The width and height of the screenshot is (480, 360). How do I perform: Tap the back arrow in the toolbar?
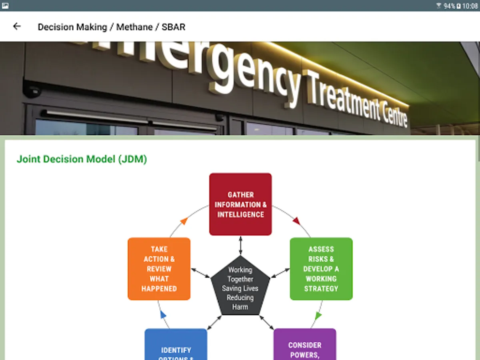click(17, 27)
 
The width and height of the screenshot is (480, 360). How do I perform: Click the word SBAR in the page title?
click(173, 27)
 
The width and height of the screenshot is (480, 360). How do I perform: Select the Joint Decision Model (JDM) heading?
click(82, 159)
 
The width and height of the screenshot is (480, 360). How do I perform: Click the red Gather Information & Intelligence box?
click(240, 204)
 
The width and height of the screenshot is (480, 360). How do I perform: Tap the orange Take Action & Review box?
click(159, 268)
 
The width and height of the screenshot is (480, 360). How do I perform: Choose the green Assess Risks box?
click(321, 268)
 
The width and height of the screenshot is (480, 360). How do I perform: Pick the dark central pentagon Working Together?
click(240, 288)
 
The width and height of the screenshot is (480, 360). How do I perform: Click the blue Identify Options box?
click(176, 346)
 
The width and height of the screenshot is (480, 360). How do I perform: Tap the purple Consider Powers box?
click(305, 346)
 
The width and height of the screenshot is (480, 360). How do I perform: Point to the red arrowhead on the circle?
click(296, 221)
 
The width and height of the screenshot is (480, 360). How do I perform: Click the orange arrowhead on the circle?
click(184, 221)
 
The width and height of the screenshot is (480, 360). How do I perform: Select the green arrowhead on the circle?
click(318, 316)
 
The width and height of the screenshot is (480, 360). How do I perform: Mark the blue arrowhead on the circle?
click(163, 315)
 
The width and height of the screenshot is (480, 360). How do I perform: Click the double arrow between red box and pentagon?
click(240, 245)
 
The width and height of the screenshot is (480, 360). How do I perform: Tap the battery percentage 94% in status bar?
click(449, 6)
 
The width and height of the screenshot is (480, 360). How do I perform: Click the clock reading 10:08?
click(470, 6)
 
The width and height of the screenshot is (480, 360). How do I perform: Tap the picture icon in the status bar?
click(6, 6)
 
